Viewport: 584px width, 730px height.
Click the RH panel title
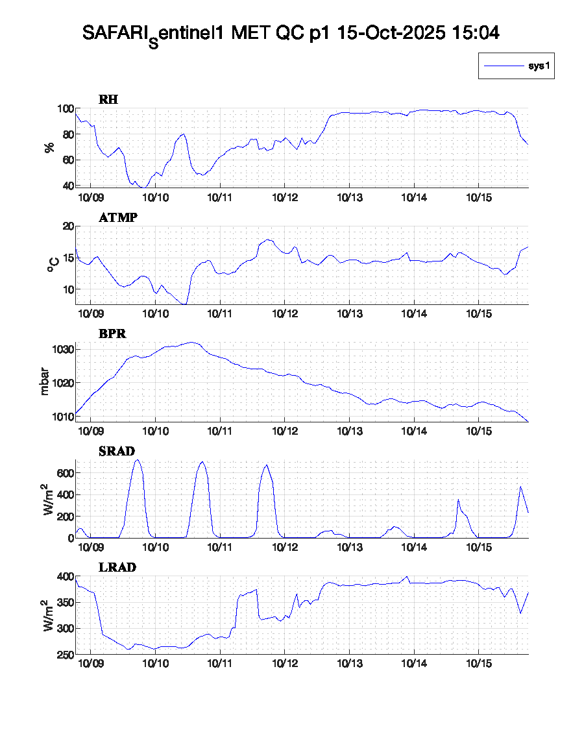(108, 100)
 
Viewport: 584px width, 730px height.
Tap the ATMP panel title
(118, 218)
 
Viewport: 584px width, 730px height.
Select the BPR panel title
(112, 334)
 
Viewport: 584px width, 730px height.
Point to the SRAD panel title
(117, 451)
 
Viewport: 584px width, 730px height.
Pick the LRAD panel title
(117, 568)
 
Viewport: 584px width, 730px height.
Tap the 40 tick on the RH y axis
(66, 186)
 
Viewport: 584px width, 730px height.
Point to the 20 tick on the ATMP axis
(66, 226)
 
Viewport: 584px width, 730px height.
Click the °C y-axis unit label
(54, 264)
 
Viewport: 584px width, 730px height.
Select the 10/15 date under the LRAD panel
(478, 664)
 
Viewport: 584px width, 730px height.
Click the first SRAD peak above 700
(137, 461)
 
